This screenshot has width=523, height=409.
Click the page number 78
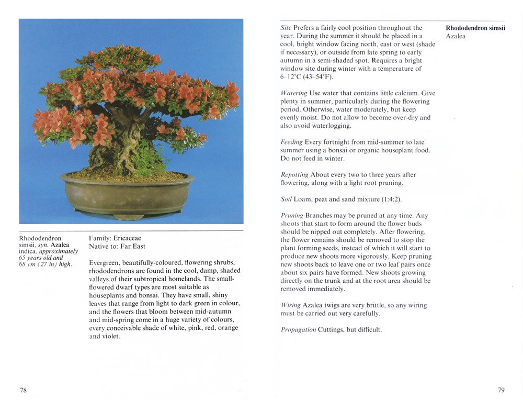pyautogui.click(x=24, y=390)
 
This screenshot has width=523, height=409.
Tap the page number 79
pyautogui.click(x=501, y=390)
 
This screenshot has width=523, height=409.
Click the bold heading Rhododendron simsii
pyautogui.click(x=475, y=28)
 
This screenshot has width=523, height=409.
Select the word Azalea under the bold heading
pyautogui.click(x=456, y=36)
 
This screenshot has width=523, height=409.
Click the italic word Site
pyautogui.click(x=286, y=28)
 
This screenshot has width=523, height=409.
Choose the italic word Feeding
pyautogui.click(x=291, y=142)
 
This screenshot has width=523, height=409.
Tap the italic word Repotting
pyautogui.click(x=294, y=174)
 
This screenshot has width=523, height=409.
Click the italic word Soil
pyautogui.click(x=286, y=199)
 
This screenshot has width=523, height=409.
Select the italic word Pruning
pyautogui.click(x=292, y=215)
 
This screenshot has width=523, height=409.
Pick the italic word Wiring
pyautogui.click(x=290, y=305)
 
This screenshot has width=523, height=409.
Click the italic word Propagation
pyautogui.click(x=298, y=329)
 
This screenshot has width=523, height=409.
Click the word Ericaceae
pyautogui.click(x=127, y=238)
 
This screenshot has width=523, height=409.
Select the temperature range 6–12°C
pyautogui.click(x=293, y=77)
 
